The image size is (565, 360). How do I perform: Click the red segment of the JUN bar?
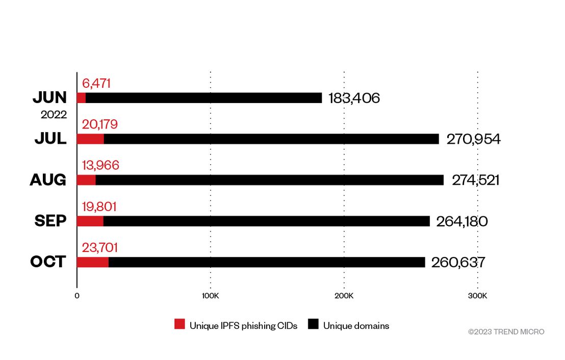coord(82,98)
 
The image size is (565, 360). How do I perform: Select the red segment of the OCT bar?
coord(93,262)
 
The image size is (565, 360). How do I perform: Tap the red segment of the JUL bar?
coord(90,139)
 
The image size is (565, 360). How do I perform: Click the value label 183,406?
coord(354,98)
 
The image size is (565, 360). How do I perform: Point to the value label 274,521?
coord(476,180)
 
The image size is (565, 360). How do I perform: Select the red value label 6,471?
coord(96,83)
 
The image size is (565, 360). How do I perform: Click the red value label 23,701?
coord(100,248)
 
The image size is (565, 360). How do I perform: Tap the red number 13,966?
coord(100,165)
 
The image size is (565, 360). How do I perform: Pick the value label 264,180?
coord(462,221)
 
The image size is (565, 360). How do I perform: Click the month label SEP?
coord(50,221)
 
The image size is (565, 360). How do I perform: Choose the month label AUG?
coord(48,180)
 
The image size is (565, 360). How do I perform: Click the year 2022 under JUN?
coord(54,115)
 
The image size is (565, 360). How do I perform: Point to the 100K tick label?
coord(211,296)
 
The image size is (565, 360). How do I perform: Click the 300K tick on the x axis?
coord(477,296)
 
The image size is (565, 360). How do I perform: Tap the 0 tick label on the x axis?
coord(77,296)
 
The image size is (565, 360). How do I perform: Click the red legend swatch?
coord(179,324)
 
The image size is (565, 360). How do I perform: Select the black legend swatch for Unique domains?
coord(313,324)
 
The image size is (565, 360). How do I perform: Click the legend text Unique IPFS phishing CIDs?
coord(244,326)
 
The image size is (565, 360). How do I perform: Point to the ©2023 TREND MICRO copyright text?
coord(506,332)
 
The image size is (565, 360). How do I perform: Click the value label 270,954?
coord(474,139)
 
